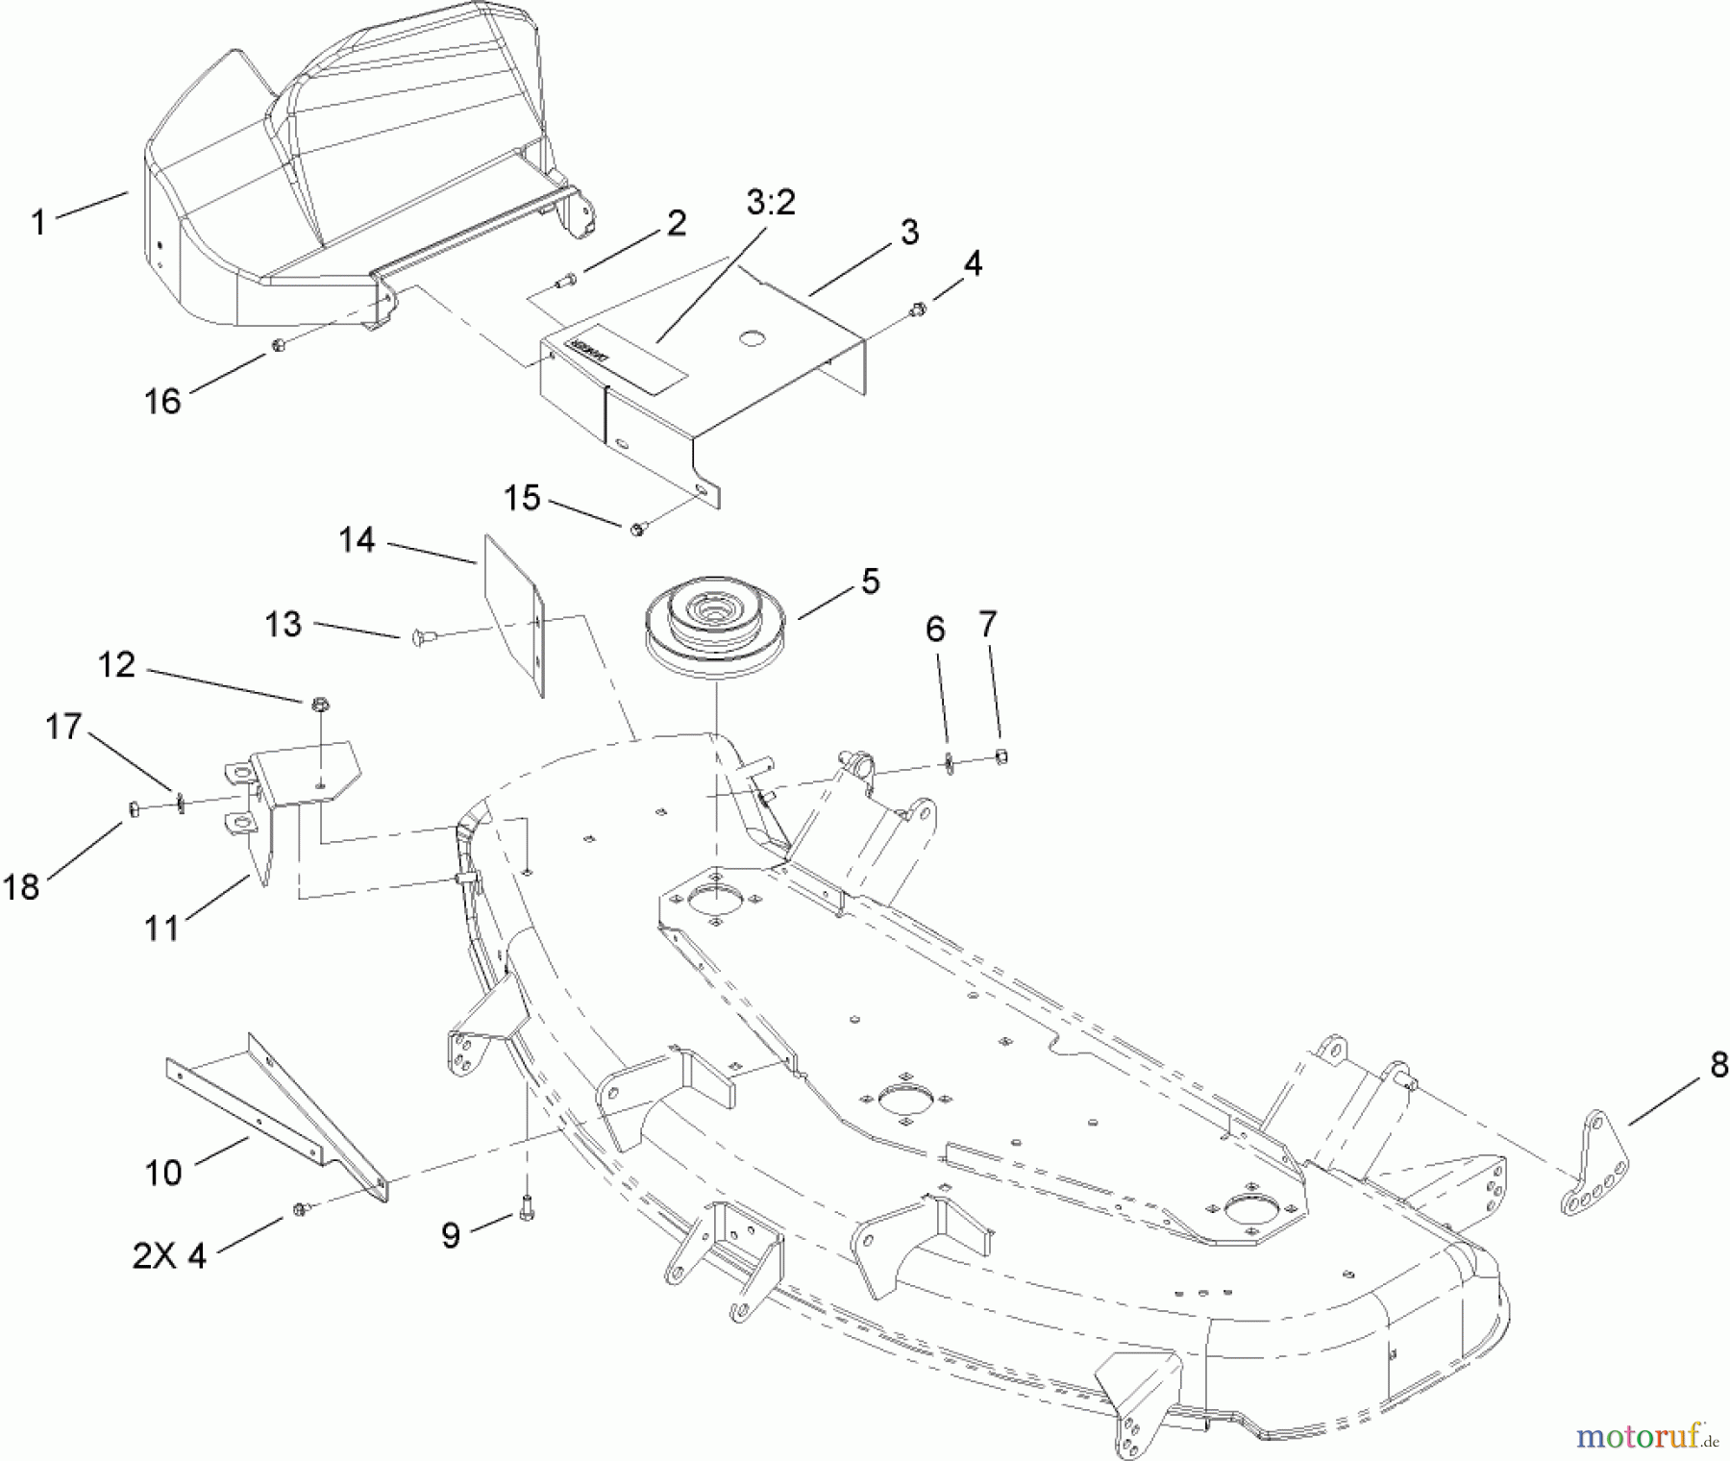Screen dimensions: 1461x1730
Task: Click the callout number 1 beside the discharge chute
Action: (38, 223)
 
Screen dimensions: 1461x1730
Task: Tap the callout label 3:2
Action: (770, 203)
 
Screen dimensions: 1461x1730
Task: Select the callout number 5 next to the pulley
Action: (870, 582)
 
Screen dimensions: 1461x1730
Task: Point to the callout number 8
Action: (1718, 1065)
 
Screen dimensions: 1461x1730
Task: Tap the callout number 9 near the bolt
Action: (451, 1235)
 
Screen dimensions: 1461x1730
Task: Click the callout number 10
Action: (163, 1173)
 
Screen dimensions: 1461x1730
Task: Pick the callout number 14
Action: (357, 540)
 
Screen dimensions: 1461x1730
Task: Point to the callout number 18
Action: (22, 886)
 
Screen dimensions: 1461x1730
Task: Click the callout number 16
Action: (162, 400)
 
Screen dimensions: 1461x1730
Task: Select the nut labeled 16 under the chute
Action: (277, 344)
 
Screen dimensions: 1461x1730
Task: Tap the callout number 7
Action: (988, 626)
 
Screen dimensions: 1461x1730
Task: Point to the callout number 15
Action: (523, 499)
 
